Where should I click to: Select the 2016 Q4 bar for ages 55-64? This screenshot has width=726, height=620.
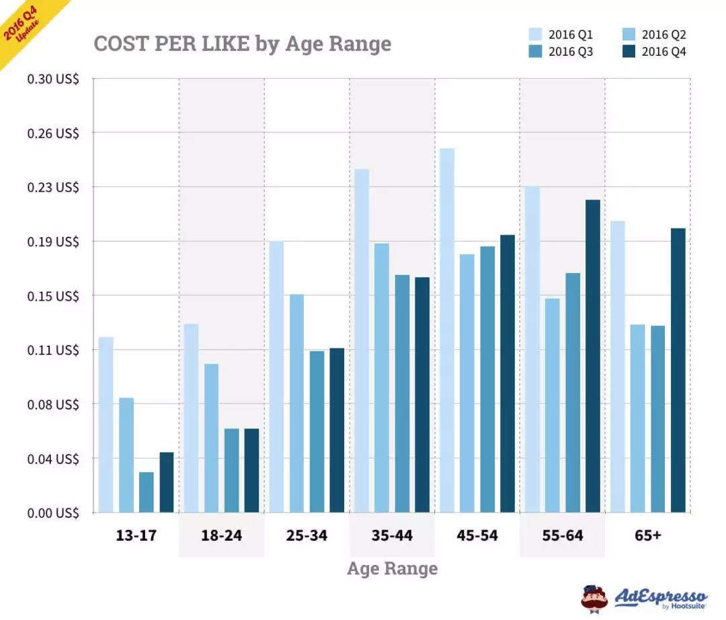593,356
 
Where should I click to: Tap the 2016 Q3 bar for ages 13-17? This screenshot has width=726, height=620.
147,492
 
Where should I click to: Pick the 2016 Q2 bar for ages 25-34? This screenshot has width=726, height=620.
296,403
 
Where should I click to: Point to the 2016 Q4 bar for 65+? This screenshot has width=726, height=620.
678,371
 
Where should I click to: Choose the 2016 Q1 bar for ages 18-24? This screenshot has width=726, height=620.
191,418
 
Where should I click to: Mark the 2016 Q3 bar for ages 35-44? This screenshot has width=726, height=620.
402,393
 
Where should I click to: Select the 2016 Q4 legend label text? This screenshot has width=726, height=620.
664,52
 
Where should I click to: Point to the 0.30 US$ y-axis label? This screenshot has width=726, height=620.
53,79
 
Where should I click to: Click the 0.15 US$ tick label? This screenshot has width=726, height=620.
53,296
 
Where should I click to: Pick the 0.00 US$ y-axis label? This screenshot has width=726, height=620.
53,513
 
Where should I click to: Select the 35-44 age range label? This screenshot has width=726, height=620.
392,536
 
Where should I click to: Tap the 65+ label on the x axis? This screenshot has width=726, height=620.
647,536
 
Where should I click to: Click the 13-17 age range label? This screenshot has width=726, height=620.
136,536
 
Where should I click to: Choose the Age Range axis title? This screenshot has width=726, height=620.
392,569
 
